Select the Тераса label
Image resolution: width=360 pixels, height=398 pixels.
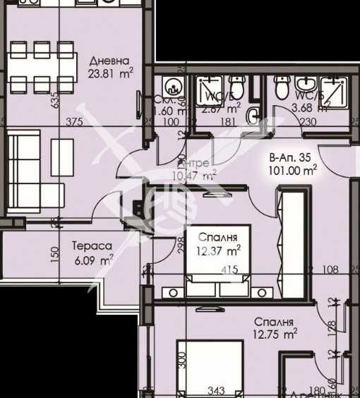[x=88, y=248]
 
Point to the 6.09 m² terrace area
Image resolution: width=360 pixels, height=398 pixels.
[x=92, y=260]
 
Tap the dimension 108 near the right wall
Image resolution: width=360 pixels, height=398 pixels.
[x=329, y=270]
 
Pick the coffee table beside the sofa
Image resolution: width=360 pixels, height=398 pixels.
[x=63, y=150]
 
